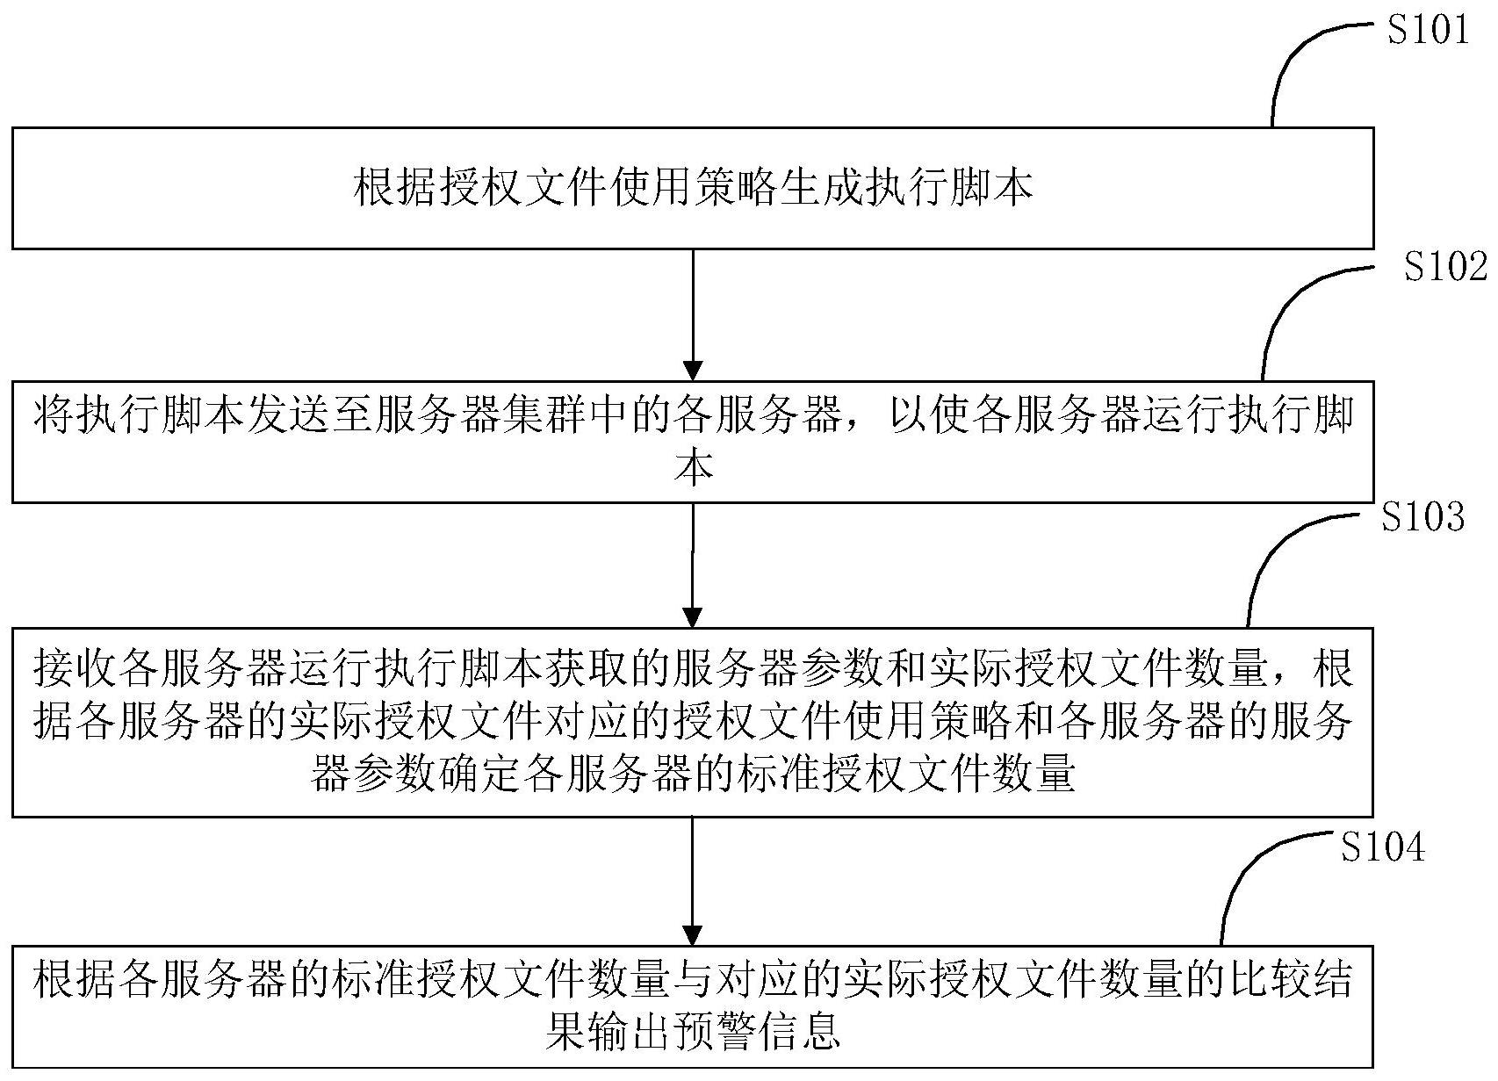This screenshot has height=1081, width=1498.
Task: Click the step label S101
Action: [x=1427, y=31]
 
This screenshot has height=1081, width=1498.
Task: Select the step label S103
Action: [x=1422, y=518]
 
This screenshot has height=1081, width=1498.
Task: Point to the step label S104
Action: [x=1383, y=847]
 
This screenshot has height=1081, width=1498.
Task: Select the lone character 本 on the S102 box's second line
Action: [x=693, y=468]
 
